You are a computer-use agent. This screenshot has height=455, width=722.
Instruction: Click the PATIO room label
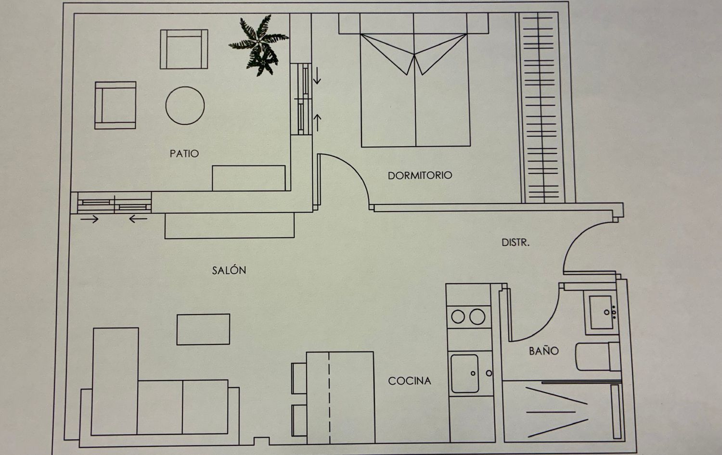pyautogui.click(x=184, y=153)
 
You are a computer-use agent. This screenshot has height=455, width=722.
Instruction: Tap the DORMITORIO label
pyautogui.click(x=420, y=176)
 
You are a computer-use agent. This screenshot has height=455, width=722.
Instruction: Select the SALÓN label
pyautogui.click(x=229, y=270)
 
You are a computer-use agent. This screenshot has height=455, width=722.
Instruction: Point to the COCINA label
pyautogui.click(x=410, y=381)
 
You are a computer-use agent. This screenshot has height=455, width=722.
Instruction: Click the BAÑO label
pyautogui.click(x=544, y=351)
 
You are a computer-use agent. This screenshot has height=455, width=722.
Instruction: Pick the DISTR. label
pyautogui.click(x=516, y=242)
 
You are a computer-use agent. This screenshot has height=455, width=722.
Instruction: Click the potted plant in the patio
pyautogui.click(x=259, y=45)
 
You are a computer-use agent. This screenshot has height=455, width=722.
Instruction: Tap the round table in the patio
pyautogui.click(x=185, y=106)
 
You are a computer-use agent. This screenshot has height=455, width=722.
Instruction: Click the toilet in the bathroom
pyautogui.click(x=598, y=356)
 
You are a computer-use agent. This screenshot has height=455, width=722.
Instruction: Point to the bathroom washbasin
pyautogui.click(x=602, y=312)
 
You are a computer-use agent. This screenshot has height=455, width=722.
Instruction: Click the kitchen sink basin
pyautogui.click(x=464, y=374)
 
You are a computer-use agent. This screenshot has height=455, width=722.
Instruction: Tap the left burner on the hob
pyautogui.click(x=458, y=316)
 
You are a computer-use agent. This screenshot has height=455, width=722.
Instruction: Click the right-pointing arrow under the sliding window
pyautogui.click(x=89, y=219)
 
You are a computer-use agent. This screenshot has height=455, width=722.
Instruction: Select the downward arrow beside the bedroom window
pyautogui.click(x=317, y=76)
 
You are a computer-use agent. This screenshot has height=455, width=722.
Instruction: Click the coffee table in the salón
pyautogui.click(x=204, y=329)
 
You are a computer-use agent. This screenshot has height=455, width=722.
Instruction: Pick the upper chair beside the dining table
pyautogui.click(x=299, y=379)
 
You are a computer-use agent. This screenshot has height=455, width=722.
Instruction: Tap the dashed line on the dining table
pyautogui.click(x=329, y=398)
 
